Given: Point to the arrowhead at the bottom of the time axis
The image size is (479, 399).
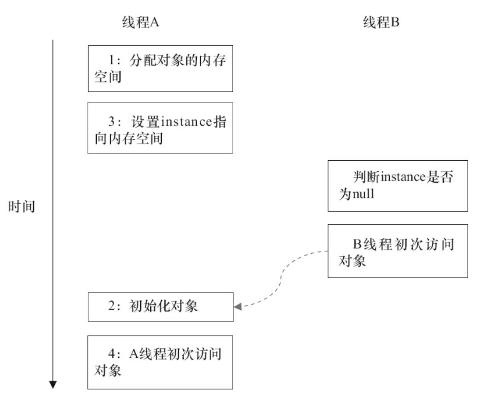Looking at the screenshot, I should click(53, 385).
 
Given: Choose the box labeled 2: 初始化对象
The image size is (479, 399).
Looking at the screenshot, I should click(160, 306).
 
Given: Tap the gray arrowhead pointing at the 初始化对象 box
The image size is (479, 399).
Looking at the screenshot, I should click(238, 307).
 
